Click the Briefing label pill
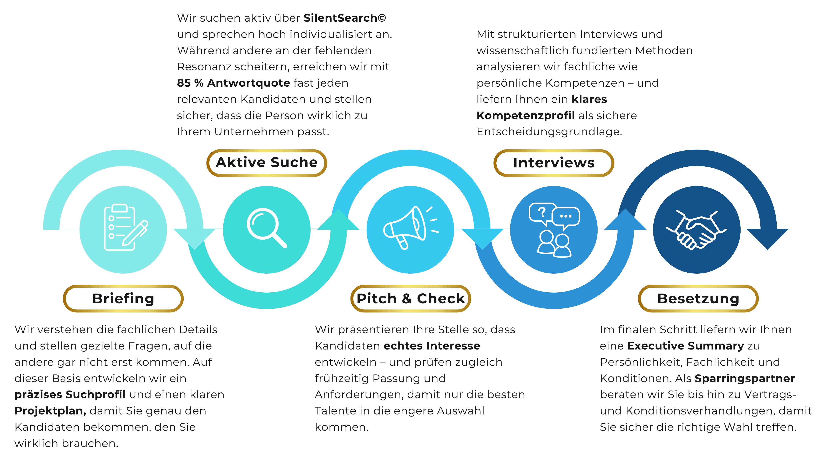[x=123, y=299]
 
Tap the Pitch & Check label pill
[x=410, y=299]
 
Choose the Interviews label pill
[x=553, y=163]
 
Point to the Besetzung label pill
[x=698, y=299]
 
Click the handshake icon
[x=696, y=230]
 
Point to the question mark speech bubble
[x=542, y=213]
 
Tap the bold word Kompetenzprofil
[x=525, y=115]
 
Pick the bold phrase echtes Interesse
[x=431, y=346]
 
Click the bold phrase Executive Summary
[x=685, y=346]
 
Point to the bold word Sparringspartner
[x=744, y=378]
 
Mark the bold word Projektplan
[x=50, y=411]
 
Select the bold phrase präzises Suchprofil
[x=70, y=394]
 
